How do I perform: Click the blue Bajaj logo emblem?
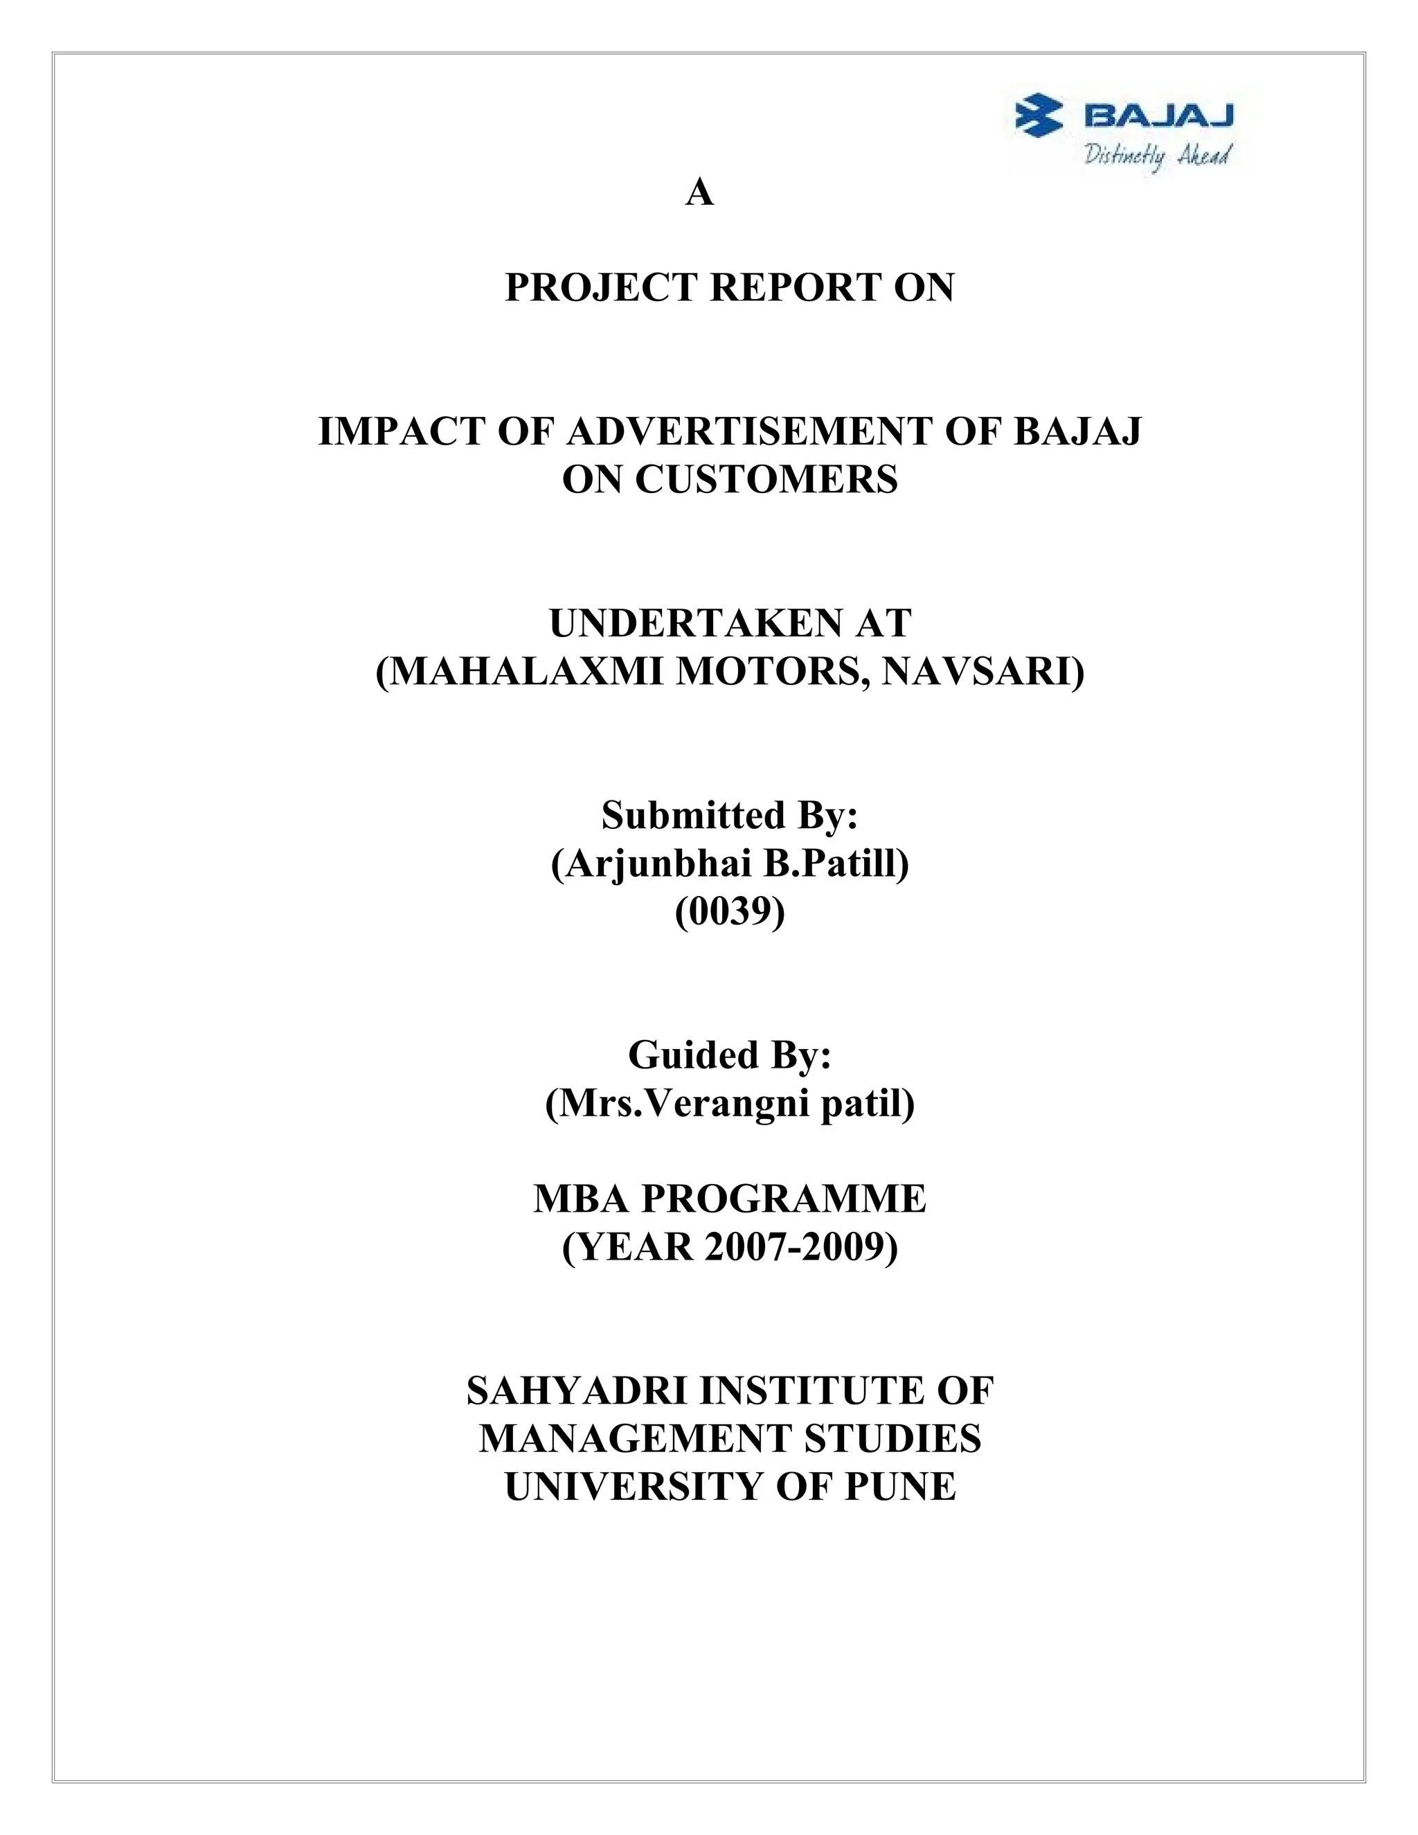pos(1040,115)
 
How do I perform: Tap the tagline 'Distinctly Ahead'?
pos(1158,155)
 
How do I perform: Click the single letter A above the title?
pos(700,193)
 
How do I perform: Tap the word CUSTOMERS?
pos(766,480)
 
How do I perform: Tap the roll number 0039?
pos(729,912)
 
